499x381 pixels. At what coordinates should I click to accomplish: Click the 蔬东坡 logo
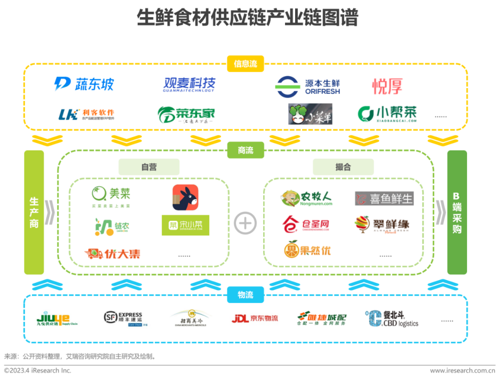coord(84,84)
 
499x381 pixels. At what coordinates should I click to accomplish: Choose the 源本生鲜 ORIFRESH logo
coord(307,86)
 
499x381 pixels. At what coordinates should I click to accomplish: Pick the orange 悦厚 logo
coord(387,86)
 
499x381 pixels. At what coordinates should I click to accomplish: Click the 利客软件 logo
coord(86,114)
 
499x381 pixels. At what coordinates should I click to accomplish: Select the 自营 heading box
coord(149,167)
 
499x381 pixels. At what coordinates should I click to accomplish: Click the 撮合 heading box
coord(343,167)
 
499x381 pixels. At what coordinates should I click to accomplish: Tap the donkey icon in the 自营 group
coord(185,197)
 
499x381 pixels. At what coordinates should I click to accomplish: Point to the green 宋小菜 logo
coord(185,225)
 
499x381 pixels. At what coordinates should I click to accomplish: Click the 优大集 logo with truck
coord(113,253)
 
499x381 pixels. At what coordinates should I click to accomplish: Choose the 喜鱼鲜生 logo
coord(384,199)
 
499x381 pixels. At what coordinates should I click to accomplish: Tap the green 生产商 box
coord(34,212)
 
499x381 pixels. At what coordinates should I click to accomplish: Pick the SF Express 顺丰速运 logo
coord(123,319)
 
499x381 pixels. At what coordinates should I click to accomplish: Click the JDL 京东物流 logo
coord(255,319)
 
